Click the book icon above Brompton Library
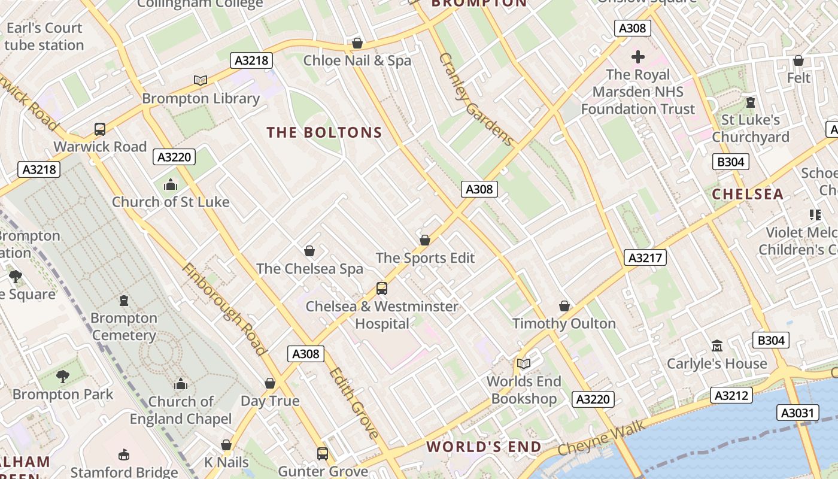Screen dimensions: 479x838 point(201,80)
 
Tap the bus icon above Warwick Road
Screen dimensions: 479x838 point(100,129)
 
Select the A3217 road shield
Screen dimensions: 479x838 point(645,257)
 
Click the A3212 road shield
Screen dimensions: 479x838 point(731,395)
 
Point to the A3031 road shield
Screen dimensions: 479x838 point(799,412)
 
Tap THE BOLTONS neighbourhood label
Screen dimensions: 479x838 point(324,132)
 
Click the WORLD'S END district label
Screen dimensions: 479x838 point(484,447)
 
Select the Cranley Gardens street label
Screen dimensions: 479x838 point(476,99)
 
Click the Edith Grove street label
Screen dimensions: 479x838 point(353,402)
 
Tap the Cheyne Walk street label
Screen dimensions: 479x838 point(601,438)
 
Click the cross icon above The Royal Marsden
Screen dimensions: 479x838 point(638,57)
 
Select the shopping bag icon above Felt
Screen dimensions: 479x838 point(798,60)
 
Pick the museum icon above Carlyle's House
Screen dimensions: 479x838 point(717,345)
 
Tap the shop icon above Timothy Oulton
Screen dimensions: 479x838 point(564,306)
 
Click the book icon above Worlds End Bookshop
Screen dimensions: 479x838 point(524,363)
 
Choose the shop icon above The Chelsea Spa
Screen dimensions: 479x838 point(309,250)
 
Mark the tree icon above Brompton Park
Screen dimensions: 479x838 point(62,377)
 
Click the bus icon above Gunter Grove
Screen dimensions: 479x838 point(323,453)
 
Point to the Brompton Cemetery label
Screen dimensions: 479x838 point(123,326)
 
